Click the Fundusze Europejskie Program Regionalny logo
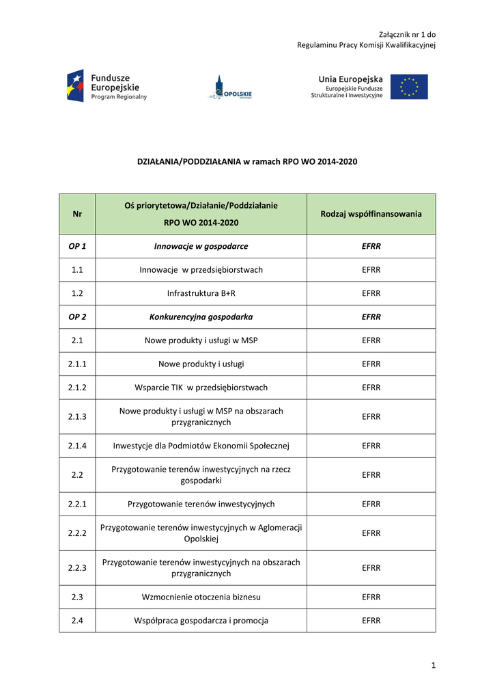(x=107, y=87)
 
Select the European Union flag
(x=409, y=87)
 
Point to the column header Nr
(x=77, y=214)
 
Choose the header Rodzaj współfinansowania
(x=371, y=214)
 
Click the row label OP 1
(x=77, y=246)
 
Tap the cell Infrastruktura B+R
(x=201, y=293)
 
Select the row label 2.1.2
(x=77, y=388)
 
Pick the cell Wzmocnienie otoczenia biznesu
(x=201, y=597)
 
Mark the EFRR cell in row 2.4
(x=371, y=621)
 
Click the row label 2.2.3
(x=77, y=568)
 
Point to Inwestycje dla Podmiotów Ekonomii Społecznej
(x=201, y=446)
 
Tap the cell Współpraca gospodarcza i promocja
(x=201, y=621)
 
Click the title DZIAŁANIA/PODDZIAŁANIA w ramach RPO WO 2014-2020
(x=247, y=162)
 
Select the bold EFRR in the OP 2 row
(x=371, y=317)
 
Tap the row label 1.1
(x=77, y=270)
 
